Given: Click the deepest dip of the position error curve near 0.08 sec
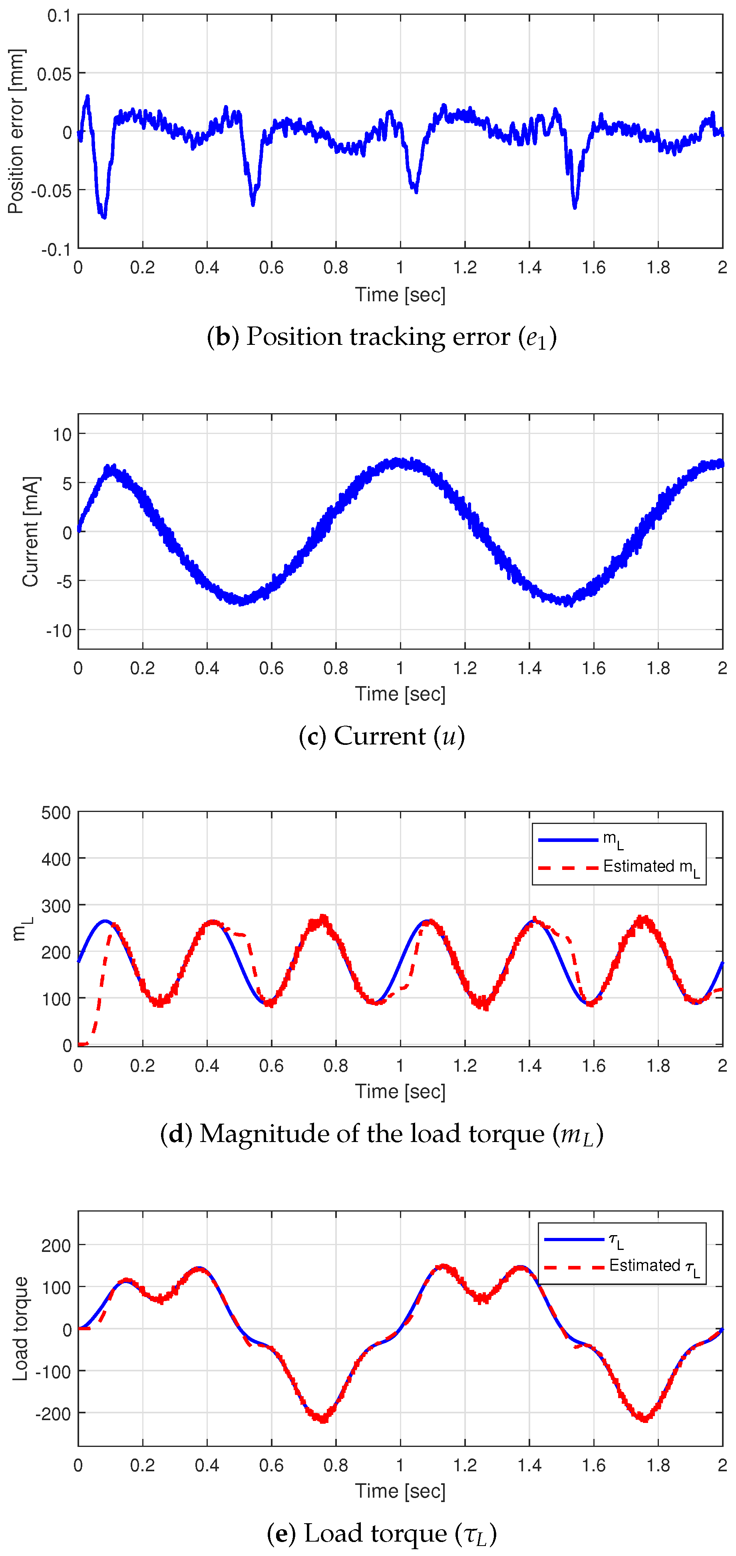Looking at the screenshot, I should [x=104, y=216].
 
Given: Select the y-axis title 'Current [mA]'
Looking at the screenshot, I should [x=31, y=531].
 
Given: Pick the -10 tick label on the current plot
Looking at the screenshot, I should [x=59, y=630].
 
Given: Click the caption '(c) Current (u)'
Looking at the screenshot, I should [x=382, y=736].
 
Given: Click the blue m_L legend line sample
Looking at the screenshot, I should [x=567, y=840].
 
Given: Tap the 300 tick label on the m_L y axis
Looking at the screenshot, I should [x=56, y=905].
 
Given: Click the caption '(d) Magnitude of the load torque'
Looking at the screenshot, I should [x=382, y=1134].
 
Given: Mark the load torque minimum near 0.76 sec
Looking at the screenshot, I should [x=324, y=1419].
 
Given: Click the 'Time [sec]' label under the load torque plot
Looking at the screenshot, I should [x=400, y=1491].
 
